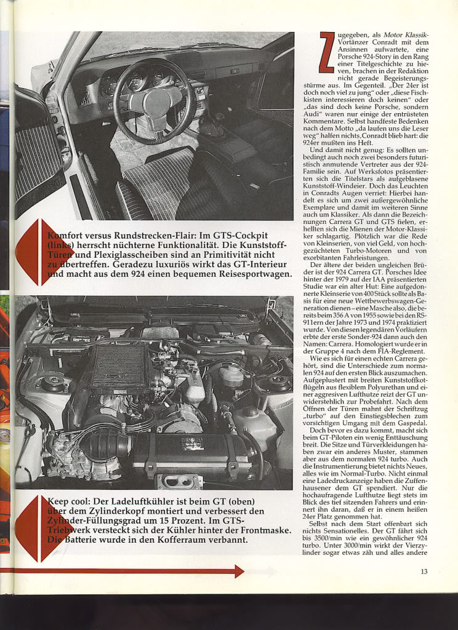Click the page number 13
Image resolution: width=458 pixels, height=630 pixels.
click(x=424, y=572)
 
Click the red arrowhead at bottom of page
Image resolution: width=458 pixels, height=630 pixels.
click(x=239, y=571)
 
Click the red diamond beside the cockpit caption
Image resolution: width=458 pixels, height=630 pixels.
click(x=36, y=252)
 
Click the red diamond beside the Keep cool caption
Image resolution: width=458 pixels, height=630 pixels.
click(x=36, y=528)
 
